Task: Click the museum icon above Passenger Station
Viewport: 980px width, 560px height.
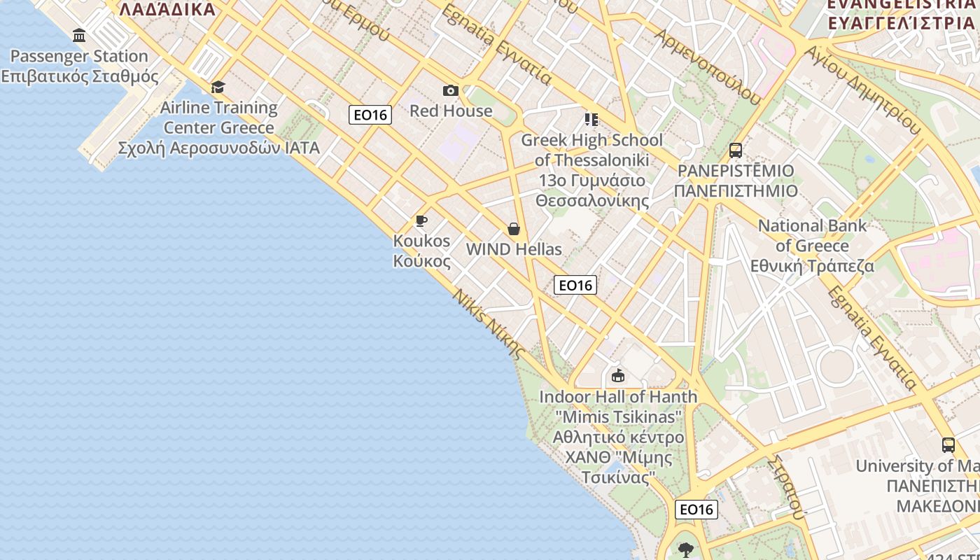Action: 79,36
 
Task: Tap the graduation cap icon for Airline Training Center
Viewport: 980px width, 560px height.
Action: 218,87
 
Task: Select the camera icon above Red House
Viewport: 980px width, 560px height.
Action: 451,90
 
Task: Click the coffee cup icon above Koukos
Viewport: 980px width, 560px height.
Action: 421,221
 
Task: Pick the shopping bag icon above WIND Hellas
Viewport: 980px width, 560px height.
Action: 514,229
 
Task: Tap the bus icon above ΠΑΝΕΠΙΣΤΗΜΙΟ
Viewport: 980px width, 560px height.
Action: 736,150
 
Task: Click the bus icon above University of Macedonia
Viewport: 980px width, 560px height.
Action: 948,444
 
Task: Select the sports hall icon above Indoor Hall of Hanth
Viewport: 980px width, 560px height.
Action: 618,376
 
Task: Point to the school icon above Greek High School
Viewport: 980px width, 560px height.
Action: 591,120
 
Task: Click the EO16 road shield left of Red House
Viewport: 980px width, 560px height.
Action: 370,115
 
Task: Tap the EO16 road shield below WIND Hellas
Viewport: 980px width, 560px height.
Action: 575,285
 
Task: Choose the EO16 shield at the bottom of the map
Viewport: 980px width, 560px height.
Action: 696,509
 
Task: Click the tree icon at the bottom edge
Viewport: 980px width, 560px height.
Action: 686,549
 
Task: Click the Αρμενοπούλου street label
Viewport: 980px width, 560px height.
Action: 707,67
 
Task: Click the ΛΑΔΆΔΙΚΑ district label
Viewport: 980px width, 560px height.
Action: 167,9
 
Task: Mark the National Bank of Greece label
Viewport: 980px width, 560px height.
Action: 812,246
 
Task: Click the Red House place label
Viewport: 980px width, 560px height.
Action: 451,111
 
